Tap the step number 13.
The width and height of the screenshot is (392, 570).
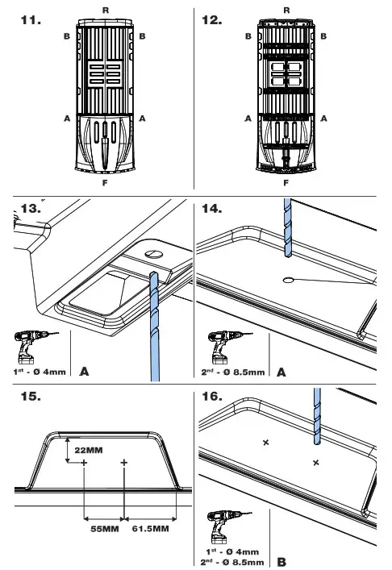coord(29,209)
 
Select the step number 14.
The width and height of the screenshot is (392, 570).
coord(212,209)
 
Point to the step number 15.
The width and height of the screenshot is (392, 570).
coord(29,397)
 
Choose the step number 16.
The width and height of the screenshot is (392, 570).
coord(212,397)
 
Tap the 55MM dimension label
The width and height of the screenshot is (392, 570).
coord(104,529)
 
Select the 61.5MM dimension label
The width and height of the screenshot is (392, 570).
coord(151,529)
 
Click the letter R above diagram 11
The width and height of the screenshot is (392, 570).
coord(106,7)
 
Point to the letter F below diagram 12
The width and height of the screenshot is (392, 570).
coord(287,183)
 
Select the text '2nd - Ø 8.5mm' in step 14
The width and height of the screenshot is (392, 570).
coord(233,373)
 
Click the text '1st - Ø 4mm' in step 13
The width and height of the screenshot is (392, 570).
coord(39,373)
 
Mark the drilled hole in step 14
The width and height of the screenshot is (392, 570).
coord(288,280)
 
